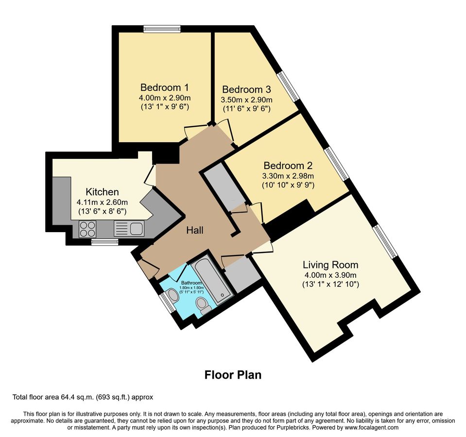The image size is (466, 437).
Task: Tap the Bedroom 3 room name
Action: pyautogui.click(x=246, y=89)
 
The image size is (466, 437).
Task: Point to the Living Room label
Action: pyautogui.click(x=330, y=265)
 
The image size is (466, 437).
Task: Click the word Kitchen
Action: pyautogui.click(x=102, y=192)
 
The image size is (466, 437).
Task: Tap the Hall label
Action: pyautogui.click(x=195, y=230)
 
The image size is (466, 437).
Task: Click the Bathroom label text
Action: pyautogui.click(x=191, y=283)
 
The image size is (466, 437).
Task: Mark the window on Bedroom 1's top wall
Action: pyautogui.click(x=162, y=29)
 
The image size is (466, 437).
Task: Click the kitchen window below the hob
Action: pyautogui.click(x=104, y=242)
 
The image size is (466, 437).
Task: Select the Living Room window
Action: pyautogui.click(x=386, y=241)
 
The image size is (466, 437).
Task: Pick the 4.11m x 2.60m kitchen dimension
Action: pyautogui.click(x=102, y=202)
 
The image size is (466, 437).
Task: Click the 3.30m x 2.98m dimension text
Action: pyautogui.click(x=288, y=176)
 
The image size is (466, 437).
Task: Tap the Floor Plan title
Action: pyautogui.click(x=233, y=375)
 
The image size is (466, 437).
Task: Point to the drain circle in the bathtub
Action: pyautogui.click(x=222, y=295)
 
